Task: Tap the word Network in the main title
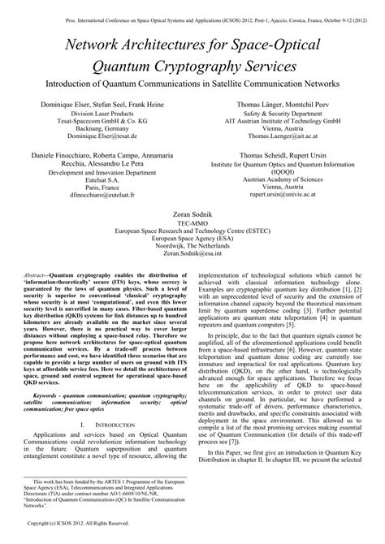point(106,34)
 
